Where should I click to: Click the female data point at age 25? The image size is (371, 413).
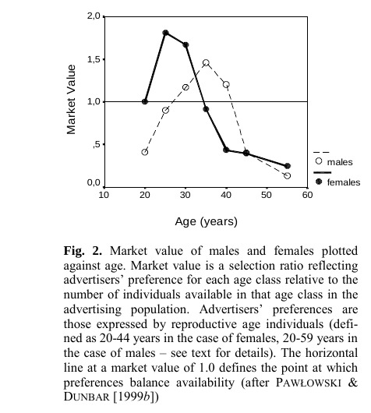(165, 33)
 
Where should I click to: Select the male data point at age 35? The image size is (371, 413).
(206, 62)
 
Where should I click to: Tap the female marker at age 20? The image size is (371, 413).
(145, 101)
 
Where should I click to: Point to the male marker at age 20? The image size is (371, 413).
(145, 152)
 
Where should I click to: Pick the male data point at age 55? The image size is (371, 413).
(288, 175)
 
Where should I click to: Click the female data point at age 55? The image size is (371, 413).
(288, 166)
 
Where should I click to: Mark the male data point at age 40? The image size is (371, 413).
(226, 85)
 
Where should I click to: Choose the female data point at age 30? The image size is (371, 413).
(185, 44)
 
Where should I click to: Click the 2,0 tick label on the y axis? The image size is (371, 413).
(94, 16)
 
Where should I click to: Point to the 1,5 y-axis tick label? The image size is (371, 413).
(94, 59)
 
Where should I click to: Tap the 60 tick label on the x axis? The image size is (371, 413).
(308, 195)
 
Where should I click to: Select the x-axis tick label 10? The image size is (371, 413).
(104, 195)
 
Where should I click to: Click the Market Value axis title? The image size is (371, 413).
(71, 100)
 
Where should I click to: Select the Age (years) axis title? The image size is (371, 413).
(206, 221)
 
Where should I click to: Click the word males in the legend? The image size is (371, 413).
(340, 162)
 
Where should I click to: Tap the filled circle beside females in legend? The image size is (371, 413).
(319, 182)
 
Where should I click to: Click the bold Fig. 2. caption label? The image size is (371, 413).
(83, 251)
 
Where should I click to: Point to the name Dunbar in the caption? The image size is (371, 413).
(87, 397)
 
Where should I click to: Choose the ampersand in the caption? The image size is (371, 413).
(352, 382)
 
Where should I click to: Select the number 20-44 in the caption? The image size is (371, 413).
(115, 338)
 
